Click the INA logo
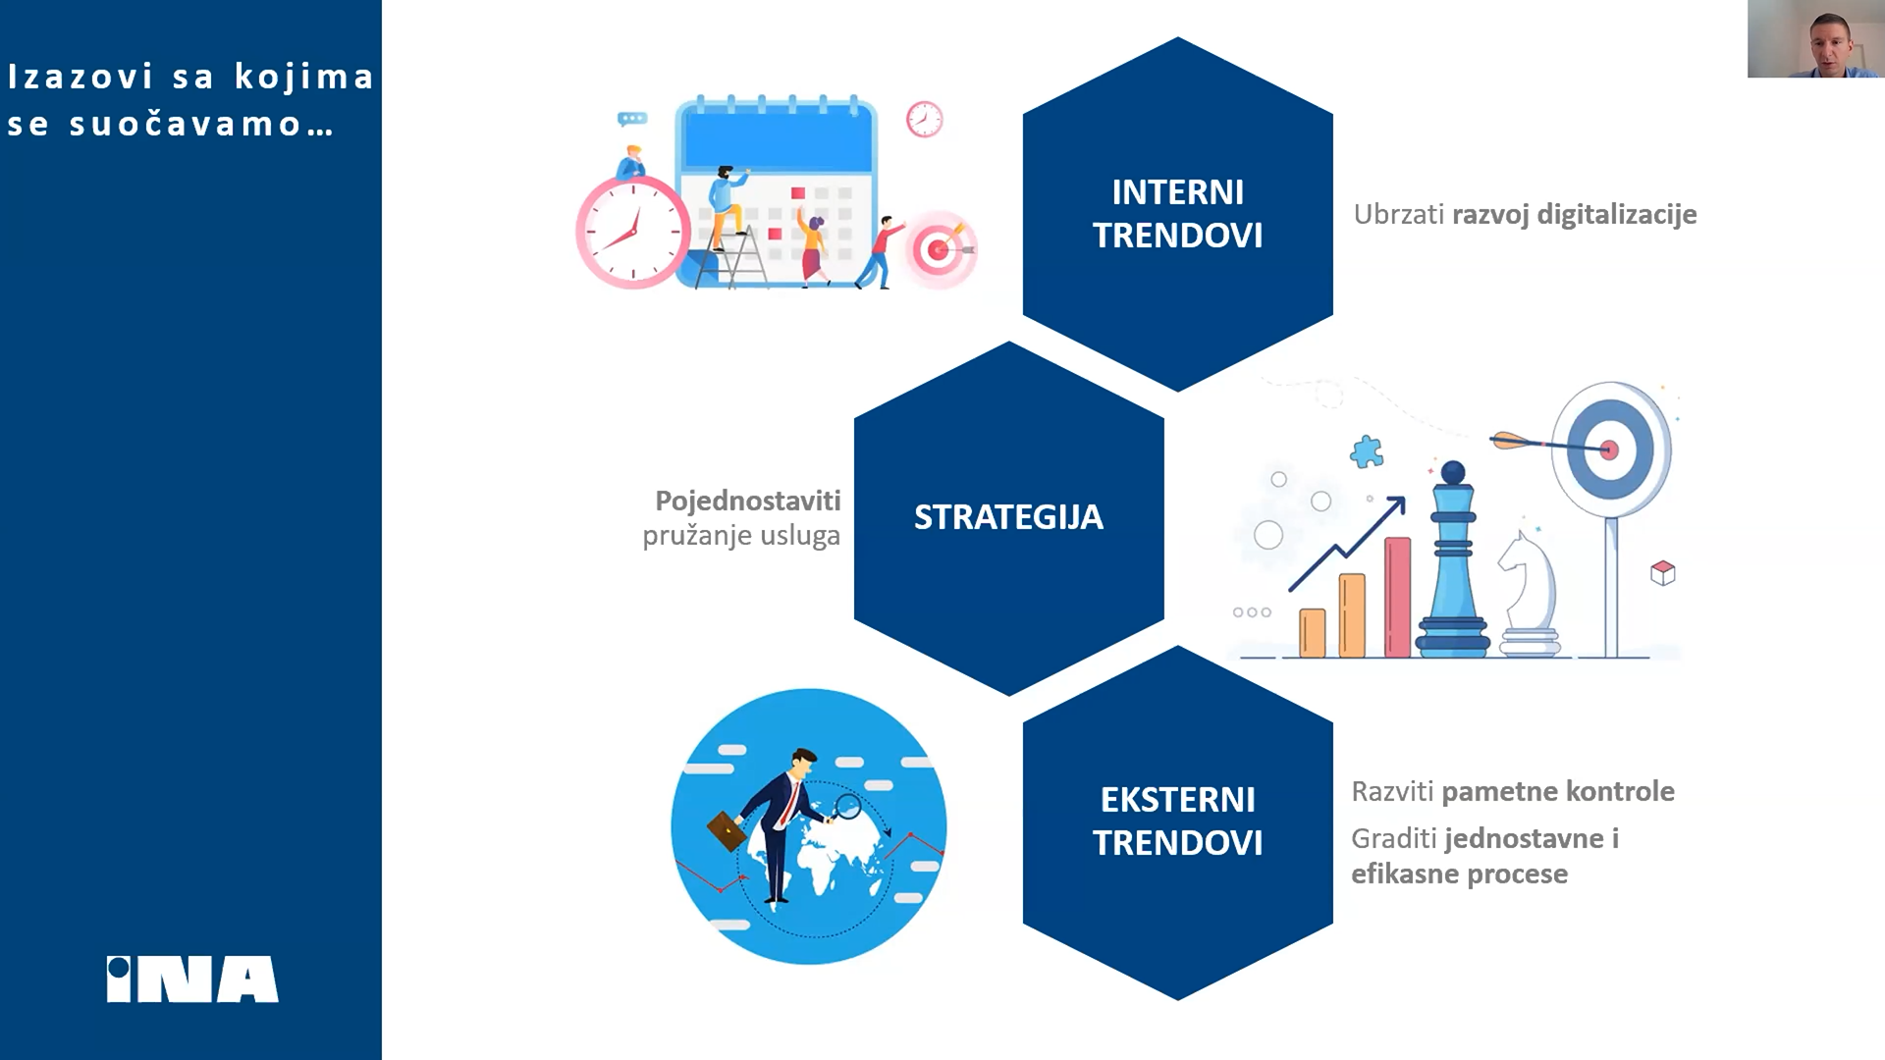(x=192, y=980)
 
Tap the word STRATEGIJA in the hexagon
(x=1008, y=517)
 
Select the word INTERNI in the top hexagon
(x=1177, y=192)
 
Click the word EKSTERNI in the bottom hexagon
(x=1177, y=800)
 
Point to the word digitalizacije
(x=1617, y=215)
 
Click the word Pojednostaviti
(x=748, y=502)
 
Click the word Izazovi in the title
(x=81, y=77)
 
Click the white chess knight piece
(x=1529, y=595)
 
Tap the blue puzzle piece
(x=1367, y=451)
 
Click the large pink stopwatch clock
(x=633, y=231)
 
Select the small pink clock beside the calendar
(x=924, y=119)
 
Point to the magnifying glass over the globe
(x=846, y=808)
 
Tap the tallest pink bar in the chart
(x=1397, y=597)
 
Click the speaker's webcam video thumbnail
(x=1816, y=38)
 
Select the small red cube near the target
(x=1663, y=572)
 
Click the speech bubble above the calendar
(x=632, y=120)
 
